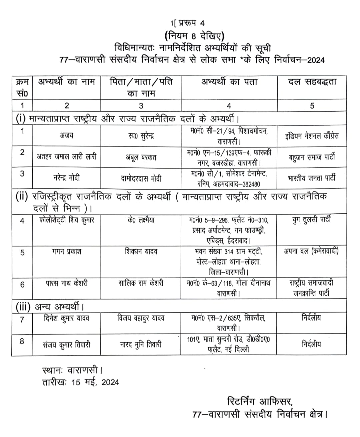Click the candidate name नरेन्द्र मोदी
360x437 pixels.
point(67,178)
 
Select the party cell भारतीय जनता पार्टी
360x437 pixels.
point(312,178)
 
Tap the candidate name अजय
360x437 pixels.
point(67,135)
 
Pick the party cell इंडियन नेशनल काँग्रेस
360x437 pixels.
point(312,136)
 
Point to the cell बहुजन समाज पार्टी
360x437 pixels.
point(312,157)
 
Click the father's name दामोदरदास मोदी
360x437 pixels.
point(141,178)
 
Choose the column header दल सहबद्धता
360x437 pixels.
point(312,82)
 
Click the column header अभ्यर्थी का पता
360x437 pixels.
point(229,82)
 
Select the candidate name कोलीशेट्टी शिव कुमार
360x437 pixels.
point(67,220)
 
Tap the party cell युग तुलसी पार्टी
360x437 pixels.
point(312,220)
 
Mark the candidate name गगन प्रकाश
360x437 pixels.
point(67,252)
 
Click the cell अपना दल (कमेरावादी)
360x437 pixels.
point(312,251)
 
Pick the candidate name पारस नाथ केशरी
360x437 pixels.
point(67,283)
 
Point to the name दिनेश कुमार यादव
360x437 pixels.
point(67,318)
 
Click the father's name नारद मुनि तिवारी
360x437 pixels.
point(141,344)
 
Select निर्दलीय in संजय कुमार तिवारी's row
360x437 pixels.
point(312,344)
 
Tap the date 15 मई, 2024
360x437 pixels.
point(95,382)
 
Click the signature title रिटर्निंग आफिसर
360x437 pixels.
point(260,401)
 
